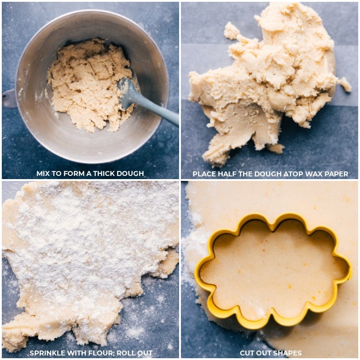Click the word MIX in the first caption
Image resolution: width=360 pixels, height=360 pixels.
pyautogui.click(x=44, y=174)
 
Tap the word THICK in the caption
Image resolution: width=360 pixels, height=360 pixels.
pyautogui.click(x=102, y=174)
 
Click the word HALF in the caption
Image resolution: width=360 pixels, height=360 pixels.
pyautogui.click(x=226, y=174)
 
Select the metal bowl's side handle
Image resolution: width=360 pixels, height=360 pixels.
pyautogui.click(x=9, y=98)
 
